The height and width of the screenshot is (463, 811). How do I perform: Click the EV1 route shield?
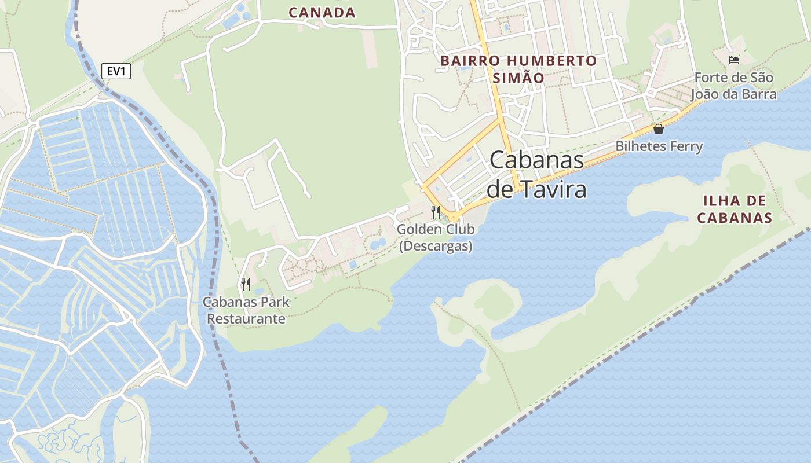(116, 71)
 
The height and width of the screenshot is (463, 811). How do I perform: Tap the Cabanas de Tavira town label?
(536, 174)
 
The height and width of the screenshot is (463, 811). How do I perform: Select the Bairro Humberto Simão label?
(518, 69)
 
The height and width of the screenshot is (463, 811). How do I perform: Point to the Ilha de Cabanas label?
(734, 209)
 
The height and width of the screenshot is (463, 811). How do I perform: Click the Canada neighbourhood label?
(322, 12)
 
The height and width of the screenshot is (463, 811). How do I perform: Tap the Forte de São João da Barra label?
(733, 85)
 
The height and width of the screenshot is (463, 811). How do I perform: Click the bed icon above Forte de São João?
(734, 60)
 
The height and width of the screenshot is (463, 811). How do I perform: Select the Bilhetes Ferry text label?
(659, 146)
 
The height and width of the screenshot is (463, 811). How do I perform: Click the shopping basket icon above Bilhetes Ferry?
(659, 129)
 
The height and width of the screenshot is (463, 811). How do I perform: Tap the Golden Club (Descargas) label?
(436, 237)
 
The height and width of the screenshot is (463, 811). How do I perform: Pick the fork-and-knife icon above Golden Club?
(436, 212)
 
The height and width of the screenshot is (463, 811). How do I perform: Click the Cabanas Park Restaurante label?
(246, 310)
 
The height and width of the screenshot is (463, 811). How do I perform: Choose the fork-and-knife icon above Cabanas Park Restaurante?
(246, 284)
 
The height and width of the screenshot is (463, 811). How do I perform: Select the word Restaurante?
(246, 319)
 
